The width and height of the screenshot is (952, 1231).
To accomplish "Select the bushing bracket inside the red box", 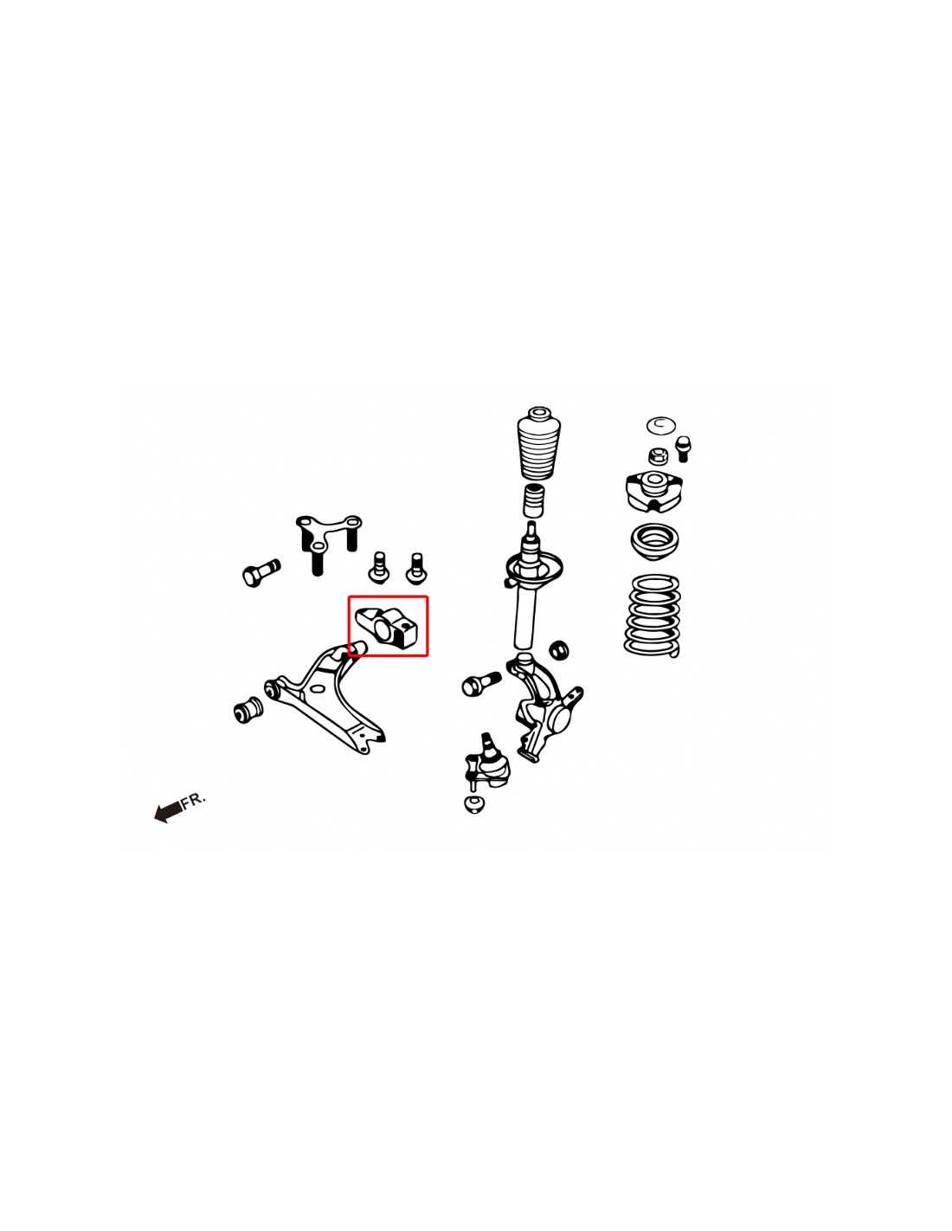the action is (388, 627).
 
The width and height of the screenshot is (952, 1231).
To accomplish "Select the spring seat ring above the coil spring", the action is (654, 542).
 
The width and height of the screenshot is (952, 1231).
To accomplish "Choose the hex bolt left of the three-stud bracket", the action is (261, 572).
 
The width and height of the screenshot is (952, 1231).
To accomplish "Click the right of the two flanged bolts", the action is (416, 568).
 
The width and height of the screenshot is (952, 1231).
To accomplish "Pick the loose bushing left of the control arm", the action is (248, 709).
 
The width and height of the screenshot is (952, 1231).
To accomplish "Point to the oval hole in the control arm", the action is (316, 689).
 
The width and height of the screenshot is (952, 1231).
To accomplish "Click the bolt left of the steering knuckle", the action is (481, 685).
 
